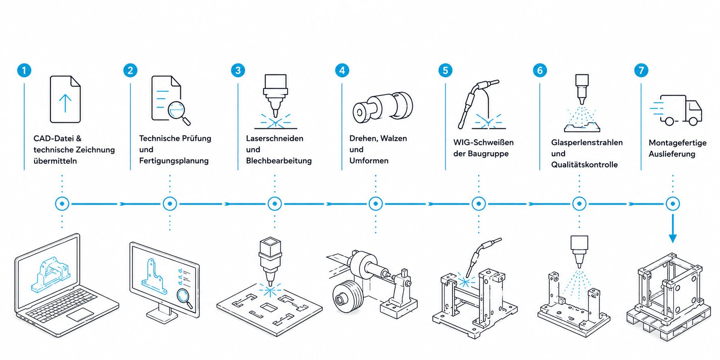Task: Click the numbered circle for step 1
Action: (24, 70)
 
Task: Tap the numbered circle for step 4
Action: (342, 70)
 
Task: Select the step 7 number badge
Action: (641, 70)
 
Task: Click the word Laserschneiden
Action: (275, 138)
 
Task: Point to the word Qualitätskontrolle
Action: (584, 164)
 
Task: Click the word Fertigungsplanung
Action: (174, 161)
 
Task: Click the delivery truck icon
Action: (676, 110)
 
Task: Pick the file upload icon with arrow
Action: (65, 99)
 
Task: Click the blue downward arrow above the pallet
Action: (673, 229)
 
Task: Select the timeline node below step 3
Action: (275, 204)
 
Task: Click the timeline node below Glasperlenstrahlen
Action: (579, 204)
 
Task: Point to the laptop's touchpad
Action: (80, 315)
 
